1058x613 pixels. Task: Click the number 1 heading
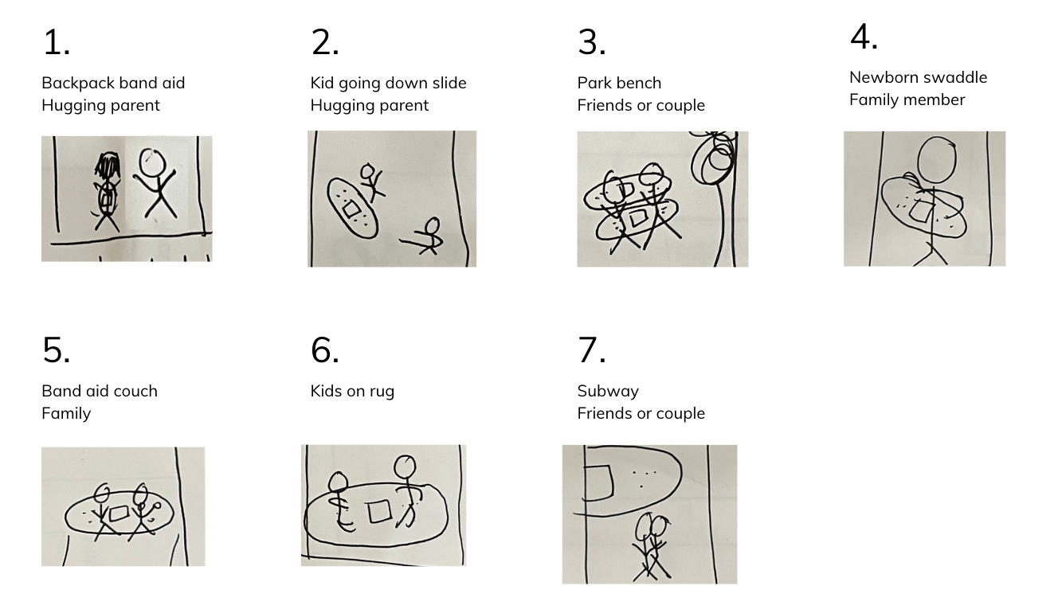click(x=57, y=42)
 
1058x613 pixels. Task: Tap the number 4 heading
click(x=864, y=37)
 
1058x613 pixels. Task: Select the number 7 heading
click(x=591, y=350)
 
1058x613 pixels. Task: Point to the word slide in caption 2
click(x=449, y=83)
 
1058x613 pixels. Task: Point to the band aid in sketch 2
click(x=352, y=208)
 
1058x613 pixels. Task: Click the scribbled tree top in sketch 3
click(x=714, y=158)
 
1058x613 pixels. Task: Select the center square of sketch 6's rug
click(x=378, y=512)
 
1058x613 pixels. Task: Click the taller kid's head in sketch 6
click(x=405, y=467)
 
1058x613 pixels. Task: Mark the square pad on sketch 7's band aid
click(x=598, y=482)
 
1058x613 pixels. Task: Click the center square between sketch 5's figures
click(x=118, y=513)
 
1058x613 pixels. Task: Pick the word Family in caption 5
click(x=66, y=414)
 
